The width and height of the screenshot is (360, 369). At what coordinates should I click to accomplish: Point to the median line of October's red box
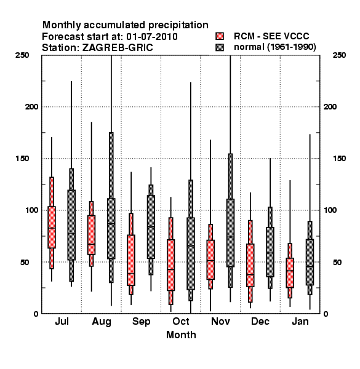coord(170,269)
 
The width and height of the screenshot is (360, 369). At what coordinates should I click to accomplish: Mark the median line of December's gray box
coord(270,253)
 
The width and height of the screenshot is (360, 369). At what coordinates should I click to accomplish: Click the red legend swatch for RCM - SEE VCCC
coord(220,36)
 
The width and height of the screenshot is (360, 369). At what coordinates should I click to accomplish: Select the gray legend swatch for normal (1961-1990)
coord(220,47)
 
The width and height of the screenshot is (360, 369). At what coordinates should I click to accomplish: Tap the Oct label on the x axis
coord(181,321)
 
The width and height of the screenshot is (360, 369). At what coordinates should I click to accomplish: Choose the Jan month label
coord(300,321)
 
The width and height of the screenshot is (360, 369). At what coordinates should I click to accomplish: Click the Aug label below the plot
coord(102,322)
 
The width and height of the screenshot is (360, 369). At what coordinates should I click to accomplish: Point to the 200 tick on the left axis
coord(31,106)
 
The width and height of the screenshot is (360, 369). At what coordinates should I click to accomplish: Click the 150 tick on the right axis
coord(339,159)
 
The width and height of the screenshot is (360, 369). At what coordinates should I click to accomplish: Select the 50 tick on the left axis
coord(25,262)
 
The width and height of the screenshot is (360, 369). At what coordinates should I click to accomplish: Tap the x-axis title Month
coord(181,335)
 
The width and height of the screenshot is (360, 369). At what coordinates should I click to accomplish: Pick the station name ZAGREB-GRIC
coord(118,47)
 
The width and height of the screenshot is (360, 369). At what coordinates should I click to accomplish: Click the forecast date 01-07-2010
coord(152,36)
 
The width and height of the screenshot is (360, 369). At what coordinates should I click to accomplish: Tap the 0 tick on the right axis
coord(326,314)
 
